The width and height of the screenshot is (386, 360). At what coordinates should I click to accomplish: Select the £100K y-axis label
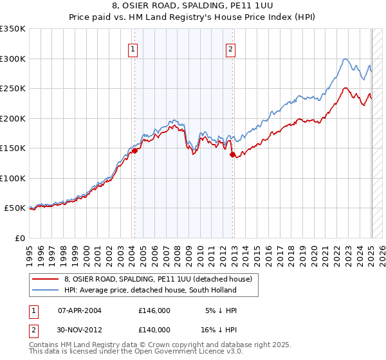[13, 178]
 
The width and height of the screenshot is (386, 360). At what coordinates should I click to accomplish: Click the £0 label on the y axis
[19, 238]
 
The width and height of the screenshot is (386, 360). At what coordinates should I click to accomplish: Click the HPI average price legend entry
[150, 290]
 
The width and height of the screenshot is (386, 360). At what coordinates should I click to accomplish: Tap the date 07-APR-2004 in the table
[79, 310]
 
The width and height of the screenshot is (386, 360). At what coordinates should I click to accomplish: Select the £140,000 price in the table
[154, 329]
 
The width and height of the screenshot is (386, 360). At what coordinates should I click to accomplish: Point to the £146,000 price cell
[154, 310]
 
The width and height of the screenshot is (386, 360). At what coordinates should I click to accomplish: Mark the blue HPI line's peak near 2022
[345, 59]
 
